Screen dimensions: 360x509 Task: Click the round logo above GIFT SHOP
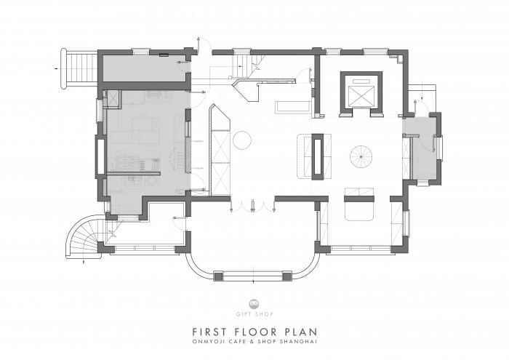pyautogui.click(x=254, y=303)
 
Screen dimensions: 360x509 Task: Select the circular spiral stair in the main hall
pyautogui.click(x=361, y=156)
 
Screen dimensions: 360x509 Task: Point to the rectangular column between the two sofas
pyautogui.click(x=318, y=156)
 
